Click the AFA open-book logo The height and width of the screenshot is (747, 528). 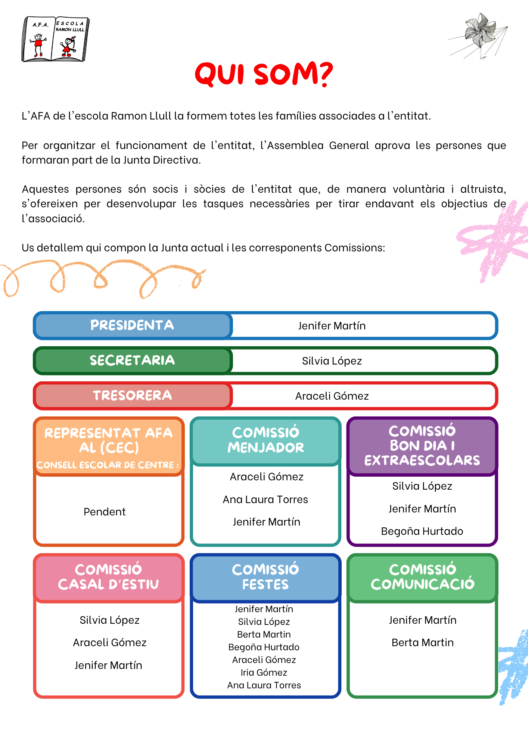56,39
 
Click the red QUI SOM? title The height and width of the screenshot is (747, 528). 264,74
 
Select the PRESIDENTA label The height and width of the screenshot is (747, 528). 132,325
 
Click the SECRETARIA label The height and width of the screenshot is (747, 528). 132,360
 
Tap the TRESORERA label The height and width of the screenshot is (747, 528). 132,396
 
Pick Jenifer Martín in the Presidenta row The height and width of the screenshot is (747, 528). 332,326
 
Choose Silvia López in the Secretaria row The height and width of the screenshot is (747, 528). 332,361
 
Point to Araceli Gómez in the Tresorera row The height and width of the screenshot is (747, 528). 332,396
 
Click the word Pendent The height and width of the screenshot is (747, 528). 105,512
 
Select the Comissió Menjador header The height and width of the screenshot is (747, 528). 265,440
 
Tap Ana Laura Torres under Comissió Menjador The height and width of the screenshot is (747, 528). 265,500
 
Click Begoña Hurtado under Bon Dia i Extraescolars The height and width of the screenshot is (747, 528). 422,531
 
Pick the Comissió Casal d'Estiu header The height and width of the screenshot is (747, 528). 108,577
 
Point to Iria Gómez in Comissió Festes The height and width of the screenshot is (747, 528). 264,673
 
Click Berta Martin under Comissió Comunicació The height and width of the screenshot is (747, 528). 422,643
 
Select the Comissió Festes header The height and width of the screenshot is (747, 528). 265,577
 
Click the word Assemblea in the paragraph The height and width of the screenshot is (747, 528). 295,145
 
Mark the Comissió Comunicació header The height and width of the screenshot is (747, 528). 422,577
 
